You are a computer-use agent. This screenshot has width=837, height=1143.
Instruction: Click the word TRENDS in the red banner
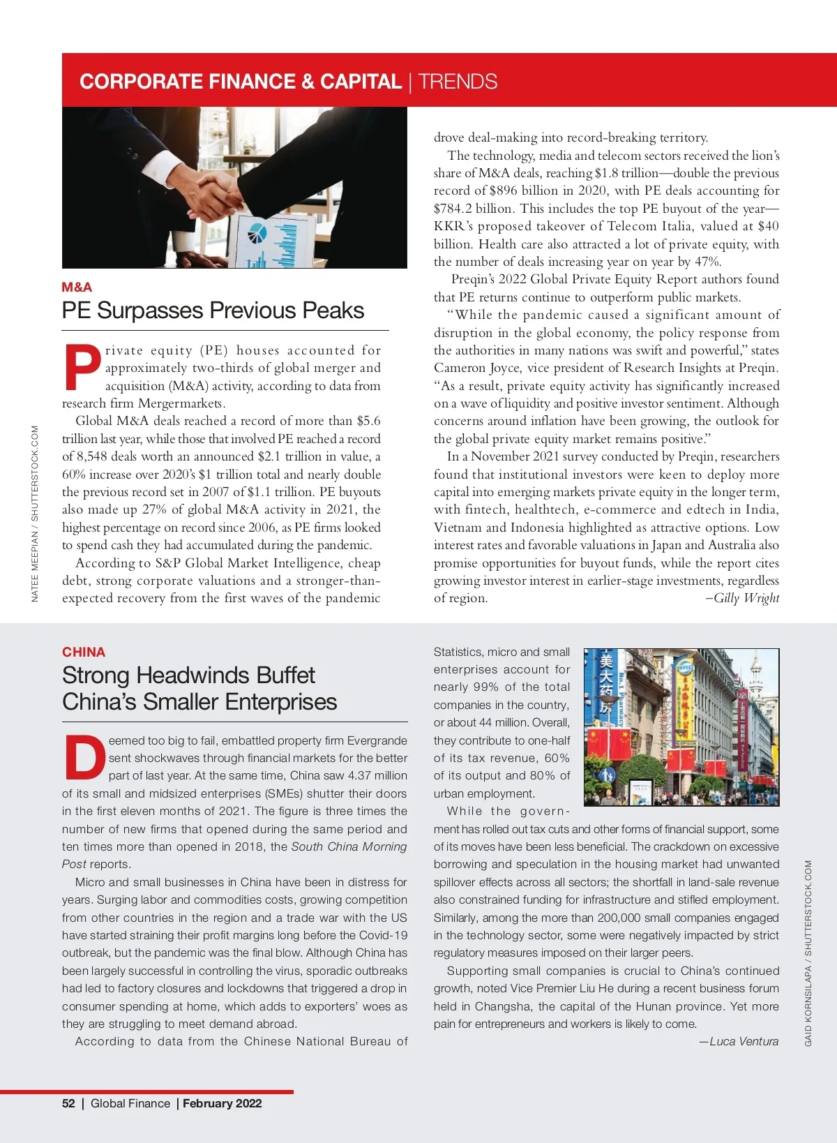(x=458, y=82)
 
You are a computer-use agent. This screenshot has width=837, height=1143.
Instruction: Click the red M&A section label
(x=77, y=287)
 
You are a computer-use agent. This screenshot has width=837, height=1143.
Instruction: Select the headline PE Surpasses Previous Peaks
(x=213, y=311)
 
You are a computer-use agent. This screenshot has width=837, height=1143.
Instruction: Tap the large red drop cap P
(x=82, y=367)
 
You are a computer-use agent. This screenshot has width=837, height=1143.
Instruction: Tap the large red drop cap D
(x=84, y=758)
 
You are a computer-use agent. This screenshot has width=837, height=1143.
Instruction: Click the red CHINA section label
(x=84, y=652)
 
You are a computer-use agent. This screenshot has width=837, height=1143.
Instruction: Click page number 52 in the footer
(x=68, y=1103)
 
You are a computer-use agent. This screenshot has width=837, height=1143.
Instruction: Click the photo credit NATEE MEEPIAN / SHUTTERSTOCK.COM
(x=35, y=514)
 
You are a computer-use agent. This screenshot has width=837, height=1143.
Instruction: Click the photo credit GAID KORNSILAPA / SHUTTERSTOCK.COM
(x=808, y=952)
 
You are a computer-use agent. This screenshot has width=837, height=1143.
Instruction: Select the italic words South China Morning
(x=349, y=846)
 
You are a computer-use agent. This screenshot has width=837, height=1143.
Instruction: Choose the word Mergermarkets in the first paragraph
(x=181, y=403)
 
